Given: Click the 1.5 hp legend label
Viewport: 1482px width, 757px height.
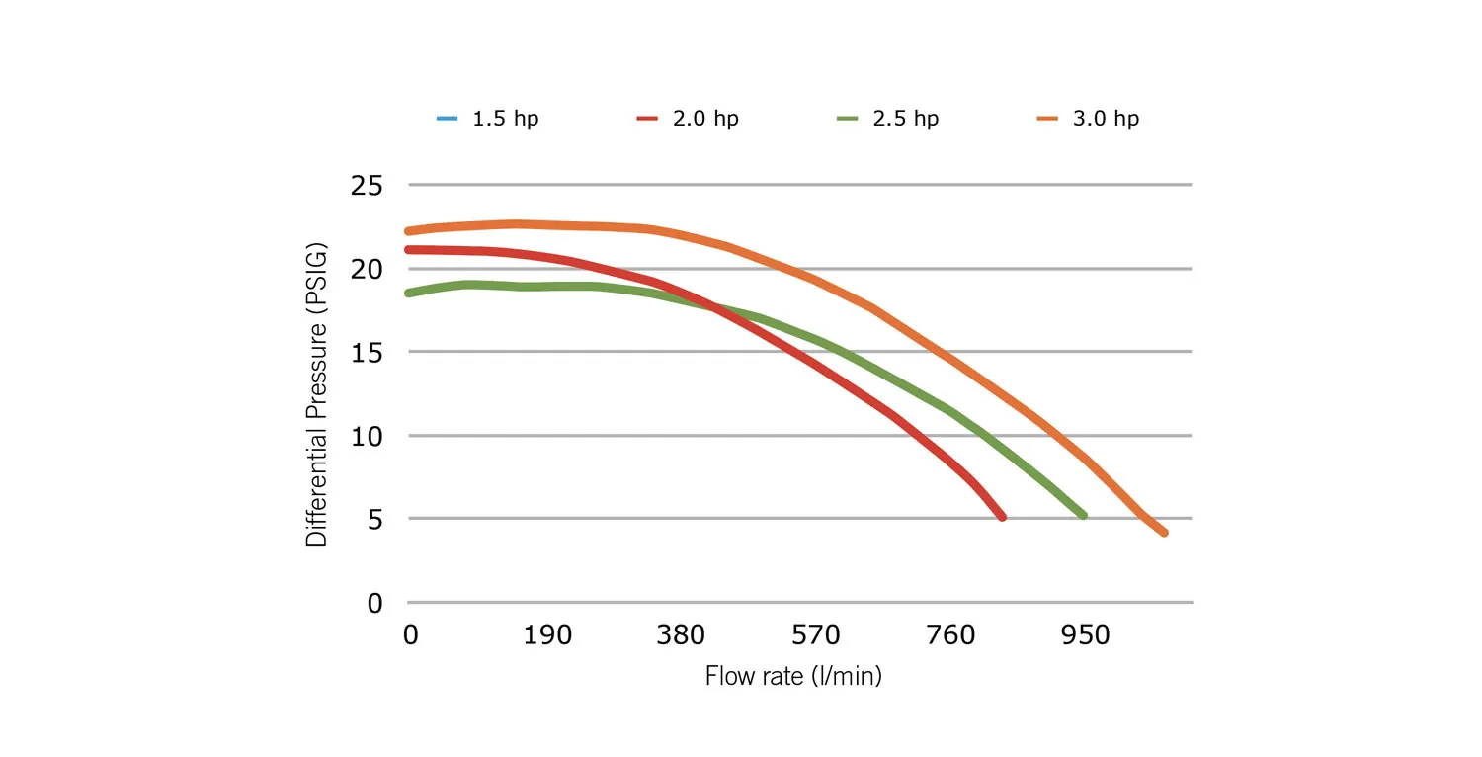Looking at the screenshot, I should point(505,119).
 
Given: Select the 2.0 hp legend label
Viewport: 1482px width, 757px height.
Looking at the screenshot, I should point(705,119).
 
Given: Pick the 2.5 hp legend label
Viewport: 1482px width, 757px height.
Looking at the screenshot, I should point(906,119).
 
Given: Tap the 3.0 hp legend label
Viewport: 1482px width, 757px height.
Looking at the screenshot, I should point(1106,119).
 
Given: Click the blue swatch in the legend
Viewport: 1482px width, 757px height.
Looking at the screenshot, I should point(449,119).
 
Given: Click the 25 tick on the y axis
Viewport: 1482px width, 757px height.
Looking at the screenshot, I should point(368,185).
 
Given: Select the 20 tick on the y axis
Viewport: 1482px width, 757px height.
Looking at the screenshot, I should point(368,269).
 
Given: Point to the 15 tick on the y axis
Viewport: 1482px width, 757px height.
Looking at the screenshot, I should point(368,352).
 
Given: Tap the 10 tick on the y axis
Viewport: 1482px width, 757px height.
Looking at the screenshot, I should point(368,436).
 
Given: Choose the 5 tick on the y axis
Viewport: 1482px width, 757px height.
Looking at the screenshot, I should point(376,519).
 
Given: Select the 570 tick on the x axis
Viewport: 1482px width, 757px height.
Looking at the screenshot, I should point(815,634).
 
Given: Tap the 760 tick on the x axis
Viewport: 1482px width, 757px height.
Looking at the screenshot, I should point(950,634).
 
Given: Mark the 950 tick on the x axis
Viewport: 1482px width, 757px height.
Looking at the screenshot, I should point(1086,634).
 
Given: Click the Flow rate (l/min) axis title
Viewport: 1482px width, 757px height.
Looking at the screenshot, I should point(793,677).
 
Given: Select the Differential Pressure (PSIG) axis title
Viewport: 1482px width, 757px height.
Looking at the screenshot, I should point(317,393).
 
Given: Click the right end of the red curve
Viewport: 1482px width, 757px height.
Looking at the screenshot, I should point(1002,517).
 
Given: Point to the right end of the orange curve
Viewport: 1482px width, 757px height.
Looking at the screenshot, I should point(1165,533).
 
